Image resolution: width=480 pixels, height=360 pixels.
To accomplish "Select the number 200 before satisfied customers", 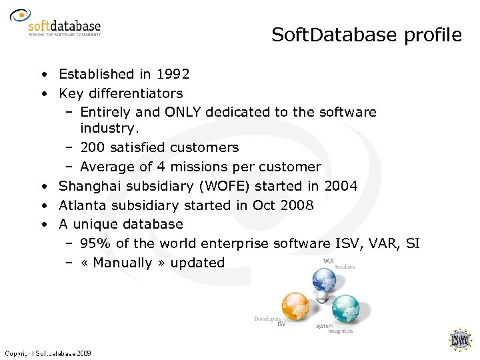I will coord(92,147).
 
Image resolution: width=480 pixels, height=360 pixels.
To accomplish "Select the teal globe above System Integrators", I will coord(345,307).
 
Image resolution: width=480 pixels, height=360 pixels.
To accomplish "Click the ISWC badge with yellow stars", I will coord(461,340).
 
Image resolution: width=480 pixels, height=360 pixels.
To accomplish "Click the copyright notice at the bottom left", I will coord(48,353).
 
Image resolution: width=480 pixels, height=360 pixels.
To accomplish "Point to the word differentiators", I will coord(137,93).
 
